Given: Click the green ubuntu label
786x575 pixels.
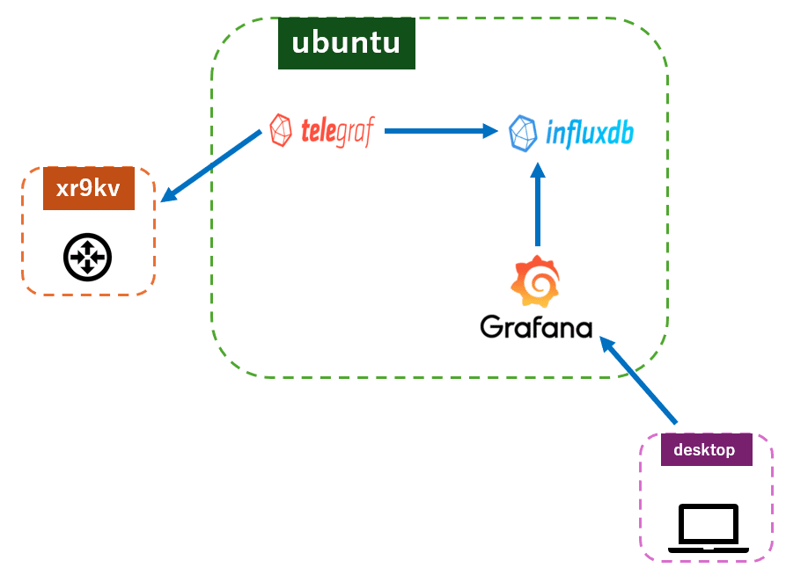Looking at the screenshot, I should pyautogui.click(x=346, y=43).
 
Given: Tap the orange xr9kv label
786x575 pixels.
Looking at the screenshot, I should pyautogui.click(x=89, y=189).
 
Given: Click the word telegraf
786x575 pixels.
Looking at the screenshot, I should pyautogui.click(x=337, y=132).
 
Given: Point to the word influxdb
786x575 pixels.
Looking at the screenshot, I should pyautogui.click(x=589, y=134).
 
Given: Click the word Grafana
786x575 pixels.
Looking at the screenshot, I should pyautogui.click(x=536, y=326).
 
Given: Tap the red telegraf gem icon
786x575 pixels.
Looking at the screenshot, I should pyautogui.click(x=281, y=131).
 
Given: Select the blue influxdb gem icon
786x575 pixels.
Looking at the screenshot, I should pyautogui.click(x=524, y=134).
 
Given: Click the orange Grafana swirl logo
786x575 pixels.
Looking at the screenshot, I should pyautogui.click(x=536, y=280).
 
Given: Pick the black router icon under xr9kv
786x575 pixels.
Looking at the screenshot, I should pyautogui.click(x=87, y=257).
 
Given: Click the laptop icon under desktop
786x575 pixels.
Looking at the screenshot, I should pyautogui.click(x=709, y=529).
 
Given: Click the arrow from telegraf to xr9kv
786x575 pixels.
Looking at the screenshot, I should pyautogui.click(x=211, y=166).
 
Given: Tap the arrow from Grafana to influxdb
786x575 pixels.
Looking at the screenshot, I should pyautogui.click(x=538, y=207).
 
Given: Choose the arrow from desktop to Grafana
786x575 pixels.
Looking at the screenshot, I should pyautogui.click(x=639, y=381).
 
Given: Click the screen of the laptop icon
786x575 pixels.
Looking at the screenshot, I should pyautogui.click(x=709, y=525).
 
